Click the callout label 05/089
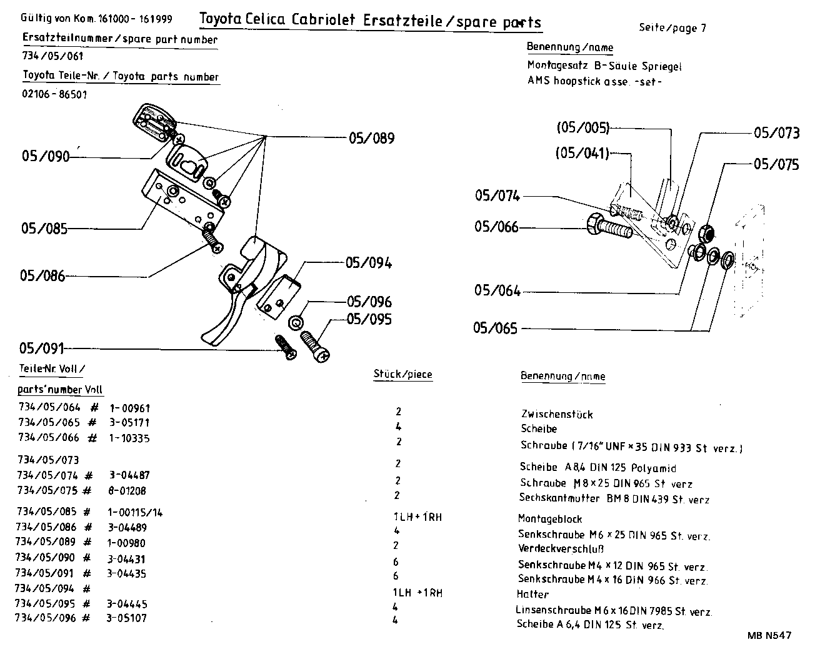pos(372,138)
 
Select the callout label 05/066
pos(496,227)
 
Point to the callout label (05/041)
pos(582,152)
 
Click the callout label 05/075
pos(776,164)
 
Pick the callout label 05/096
pos(369,302)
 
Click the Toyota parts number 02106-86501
pos(54,95)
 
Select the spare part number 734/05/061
pos(52,56)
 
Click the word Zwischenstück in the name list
pos(557,414)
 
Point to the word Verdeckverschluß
pos(561,549)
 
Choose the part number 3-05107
pos(128,618)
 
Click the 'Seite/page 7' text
pos(672,27)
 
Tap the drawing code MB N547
pos(769,635)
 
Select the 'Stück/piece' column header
pos(402,375)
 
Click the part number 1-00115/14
pos(135,512)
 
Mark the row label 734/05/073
pos(48,460)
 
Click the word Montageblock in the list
pos(550,519)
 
